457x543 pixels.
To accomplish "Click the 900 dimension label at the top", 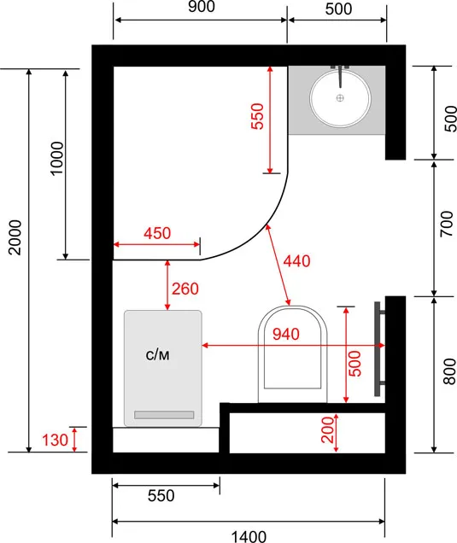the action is click(202, 7).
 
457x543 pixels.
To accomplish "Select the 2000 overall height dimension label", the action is click(15, 237).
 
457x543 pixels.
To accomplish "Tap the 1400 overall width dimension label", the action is click(249, 537).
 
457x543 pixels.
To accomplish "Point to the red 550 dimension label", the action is click(258, 116).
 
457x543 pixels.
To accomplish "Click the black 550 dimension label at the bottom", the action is click(161, 495).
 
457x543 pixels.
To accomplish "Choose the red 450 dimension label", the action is click(157, 233).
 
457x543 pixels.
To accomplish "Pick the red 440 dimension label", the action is click(296, 260).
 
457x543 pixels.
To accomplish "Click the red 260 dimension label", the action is click(185, 289).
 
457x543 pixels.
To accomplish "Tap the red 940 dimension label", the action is click(286, 334).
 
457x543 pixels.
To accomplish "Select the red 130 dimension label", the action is click(55, 441).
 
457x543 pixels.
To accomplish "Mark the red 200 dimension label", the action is click(327, 429).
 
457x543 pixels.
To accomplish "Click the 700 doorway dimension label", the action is click(447, 224).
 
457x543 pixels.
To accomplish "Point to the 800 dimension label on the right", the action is click(449, 371).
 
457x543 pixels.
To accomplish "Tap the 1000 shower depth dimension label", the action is click(57, 159).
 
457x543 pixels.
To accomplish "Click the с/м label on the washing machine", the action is click(158, 355).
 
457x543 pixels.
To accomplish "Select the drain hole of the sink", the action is click(340, 98).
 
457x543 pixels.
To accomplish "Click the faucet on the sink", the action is click(340, 75).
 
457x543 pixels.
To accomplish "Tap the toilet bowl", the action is click(292, 354).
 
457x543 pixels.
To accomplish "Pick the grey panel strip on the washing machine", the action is click(164, 415).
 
